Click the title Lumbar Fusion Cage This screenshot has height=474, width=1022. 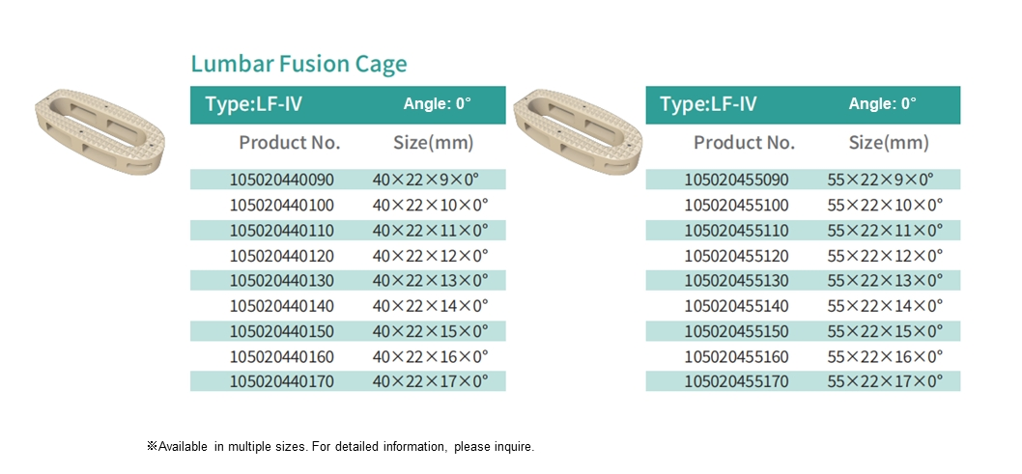point(298,65)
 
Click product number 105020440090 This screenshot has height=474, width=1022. point(281,180)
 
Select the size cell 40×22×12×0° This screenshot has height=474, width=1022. point(430,256)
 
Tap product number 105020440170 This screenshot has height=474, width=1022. point(281,381)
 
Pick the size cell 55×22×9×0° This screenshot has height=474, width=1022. point(880,180)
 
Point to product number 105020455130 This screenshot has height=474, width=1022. point(736,281)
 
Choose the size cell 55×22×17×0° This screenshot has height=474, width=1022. point(885,381)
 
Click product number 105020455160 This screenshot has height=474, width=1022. point(736,356)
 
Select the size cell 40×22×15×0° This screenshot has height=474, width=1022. point(430,331)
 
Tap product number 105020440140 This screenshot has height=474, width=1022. point(281,306)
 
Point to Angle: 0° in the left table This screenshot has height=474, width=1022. point(437,104)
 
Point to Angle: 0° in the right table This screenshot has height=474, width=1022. point(882,104)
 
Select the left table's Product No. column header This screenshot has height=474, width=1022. point(290,143)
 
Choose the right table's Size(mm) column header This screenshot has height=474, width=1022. point(889,143)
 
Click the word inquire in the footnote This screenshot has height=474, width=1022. point(513,447)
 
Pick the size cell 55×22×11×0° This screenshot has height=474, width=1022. point(885,231)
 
